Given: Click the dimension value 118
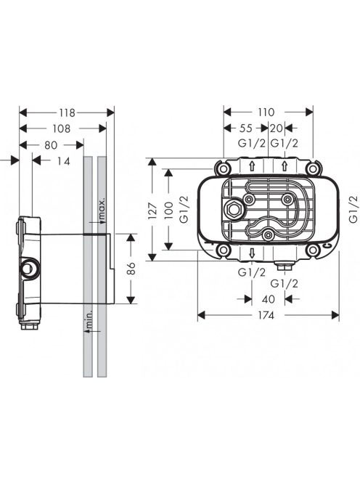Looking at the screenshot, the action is tap(67, 113).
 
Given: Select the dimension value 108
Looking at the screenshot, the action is tap(62, 128).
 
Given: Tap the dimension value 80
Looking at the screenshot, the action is tap(51, 144).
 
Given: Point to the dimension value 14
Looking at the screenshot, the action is tap(64, 161).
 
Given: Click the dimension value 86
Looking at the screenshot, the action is tap(131, 269).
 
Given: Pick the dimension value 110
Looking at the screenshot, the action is tap(266, 113).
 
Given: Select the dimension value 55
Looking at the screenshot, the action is tap(246, 128).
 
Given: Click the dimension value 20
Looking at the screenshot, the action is tap(276, 128).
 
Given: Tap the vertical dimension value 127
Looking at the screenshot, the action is tap(153, 211).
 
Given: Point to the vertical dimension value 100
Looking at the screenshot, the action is tap(169, 211).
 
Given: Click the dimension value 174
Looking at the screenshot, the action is tap(266, 315).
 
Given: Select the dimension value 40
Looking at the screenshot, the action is tap(268, 299).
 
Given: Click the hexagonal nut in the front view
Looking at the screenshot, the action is tap(233, 211).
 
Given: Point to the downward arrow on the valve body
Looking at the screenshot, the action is tap(252, 253).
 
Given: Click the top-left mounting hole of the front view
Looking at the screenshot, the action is tap(224, 168).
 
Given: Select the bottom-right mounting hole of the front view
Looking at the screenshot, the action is tap(312, 250).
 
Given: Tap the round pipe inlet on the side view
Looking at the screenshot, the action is tap(30, 266).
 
